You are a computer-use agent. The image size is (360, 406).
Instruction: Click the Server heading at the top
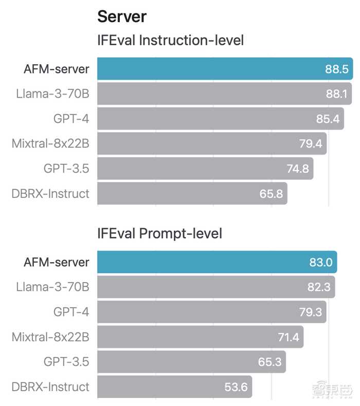122,16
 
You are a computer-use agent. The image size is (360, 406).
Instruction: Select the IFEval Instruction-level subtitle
170,41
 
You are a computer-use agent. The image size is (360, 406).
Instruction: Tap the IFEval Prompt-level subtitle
159,234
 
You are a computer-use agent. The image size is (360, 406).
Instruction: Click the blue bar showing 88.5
224,69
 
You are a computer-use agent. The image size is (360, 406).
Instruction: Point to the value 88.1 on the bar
337,94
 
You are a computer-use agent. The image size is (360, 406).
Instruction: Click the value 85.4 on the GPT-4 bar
328,119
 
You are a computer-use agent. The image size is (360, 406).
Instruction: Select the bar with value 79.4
211,144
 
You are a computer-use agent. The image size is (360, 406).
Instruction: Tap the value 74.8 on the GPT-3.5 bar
297,169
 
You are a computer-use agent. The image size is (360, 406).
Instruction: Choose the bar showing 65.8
192,194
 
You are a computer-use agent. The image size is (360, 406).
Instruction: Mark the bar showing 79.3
211,312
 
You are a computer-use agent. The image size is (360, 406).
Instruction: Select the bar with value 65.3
191,362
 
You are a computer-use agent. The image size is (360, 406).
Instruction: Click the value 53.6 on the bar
237,386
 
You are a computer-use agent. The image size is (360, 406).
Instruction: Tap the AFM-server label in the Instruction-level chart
57,69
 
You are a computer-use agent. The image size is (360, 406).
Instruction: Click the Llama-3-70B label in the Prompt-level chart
52,287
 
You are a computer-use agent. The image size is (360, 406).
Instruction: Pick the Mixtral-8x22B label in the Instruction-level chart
50,144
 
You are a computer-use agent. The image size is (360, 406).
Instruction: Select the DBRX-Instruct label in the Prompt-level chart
50,386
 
